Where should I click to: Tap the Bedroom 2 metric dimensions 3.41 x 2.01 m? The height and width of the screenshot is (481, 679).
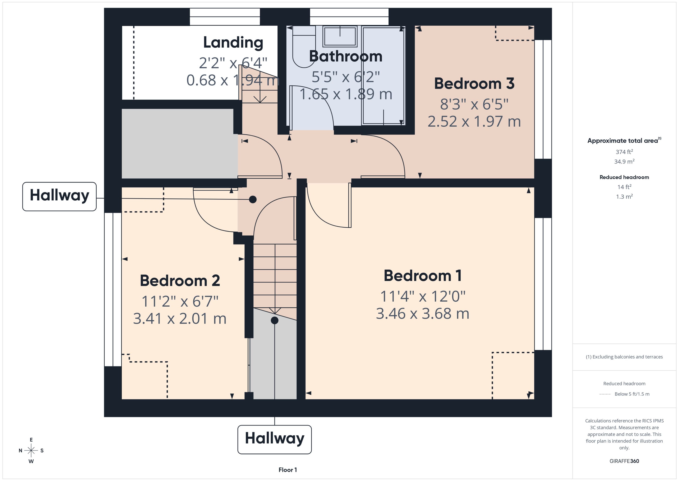[x=180, y=319]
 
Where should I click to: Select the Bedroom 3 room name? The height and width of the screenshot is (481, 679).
[x=474, y=84]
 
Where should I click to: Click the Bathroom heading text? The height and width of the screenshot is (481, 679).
[x=346, y=56]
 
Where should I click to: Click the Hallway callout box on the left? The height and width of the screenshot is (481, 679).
[x=60, y=196]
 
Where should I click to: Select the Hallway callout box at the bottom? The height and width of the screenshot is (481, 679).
[x=274, y=439]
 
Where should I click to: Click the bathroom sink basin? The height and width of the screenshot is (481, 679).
[x=340, y=37]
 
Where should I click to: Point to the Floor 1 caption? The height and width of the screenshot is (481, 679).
[x=288, y=470]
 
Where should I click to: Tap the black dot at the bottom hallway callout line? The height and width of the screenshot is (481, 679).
[x=275, y=320]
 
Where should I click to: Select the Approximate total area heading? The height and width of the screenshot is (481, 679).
[x=623, y=141]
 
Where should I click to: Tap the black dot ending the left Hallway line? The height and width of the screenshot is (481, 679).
[x=253, y=199]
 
